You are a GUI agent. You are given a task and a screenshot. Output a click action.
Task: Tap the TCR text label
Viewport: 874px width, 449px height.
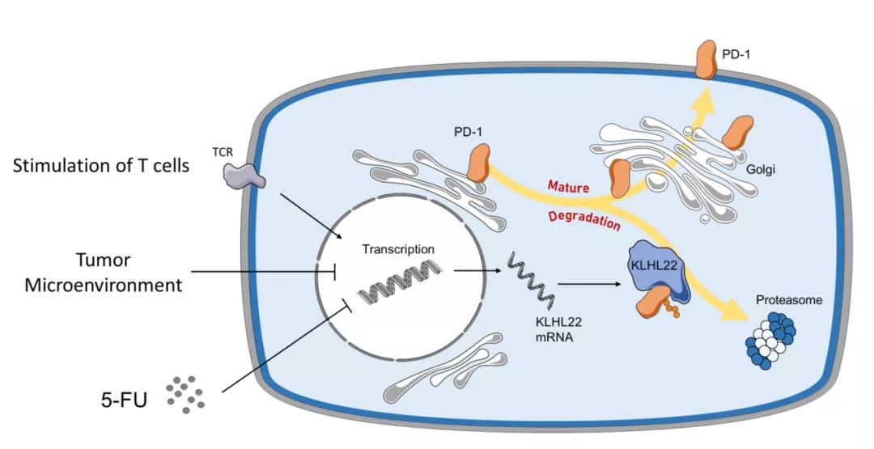tap(233, 150)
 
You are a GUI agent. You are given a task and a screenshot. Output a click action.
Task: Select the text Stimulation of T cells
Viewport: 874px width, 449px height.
tap(100, 167)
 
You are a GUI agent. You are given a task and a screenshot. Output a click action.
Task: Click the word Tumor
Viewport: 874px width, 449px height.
tap(103, 260)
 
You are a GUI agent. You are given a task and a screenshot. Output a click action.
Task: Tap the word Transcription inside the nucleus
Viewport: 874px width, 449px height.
tap(399, 250)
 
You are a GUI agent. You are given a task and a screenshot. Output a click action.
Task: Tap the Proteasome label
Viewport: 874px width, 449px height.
tap(789, 300)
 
